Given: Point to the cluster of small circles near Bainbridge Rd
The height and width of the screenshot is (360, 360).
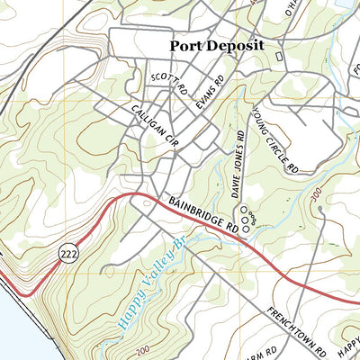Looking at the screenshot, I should (x=247, y=212).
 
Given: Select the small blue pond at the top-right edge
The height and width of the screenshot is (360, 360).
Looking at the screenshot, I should (x=346, y=4).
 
